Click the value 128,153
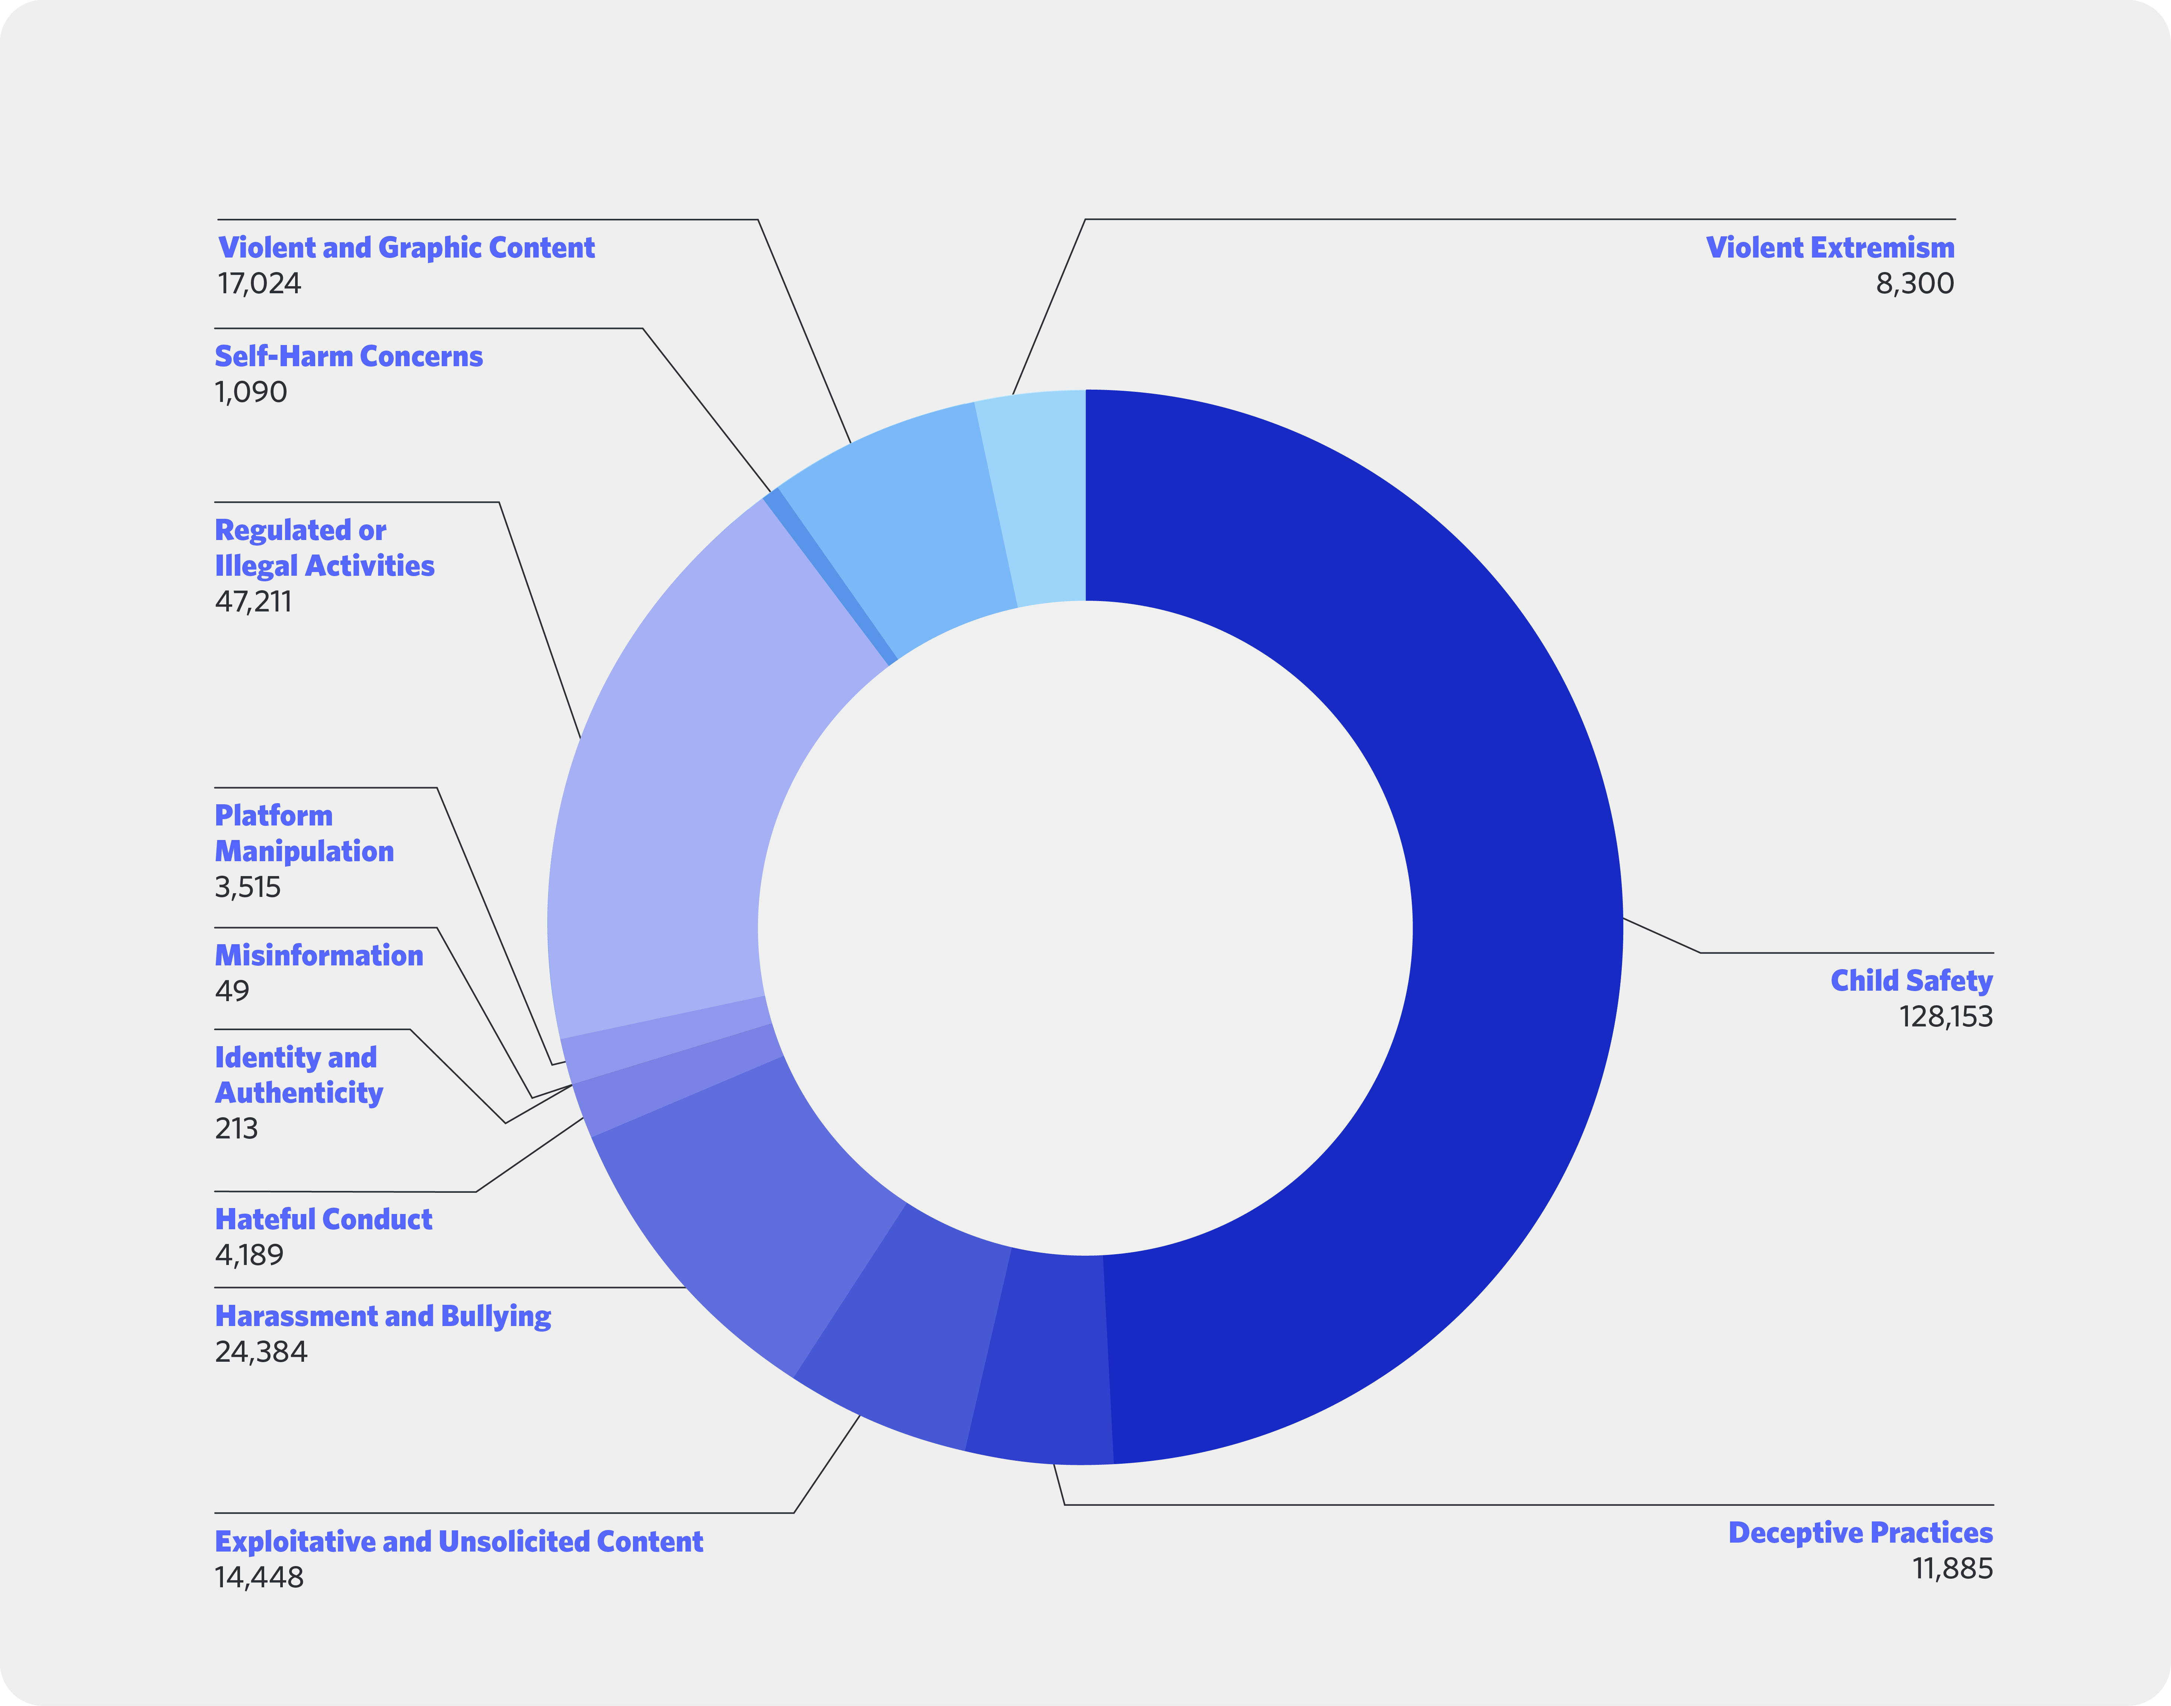tap(1945, 1017)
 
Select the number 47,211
tap(254, 601)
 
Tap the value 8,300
tap(1914, 284)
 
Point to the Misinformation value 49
tap(232, 991)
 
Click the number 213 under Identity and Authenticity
tap(237, 1129)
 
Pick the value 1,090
tap(251, 393)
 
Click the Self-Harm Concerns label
tap(349, 357)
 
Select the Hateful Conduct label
tap(323, 1220)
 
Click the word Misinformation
tap(319, 956)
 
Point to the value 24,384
tap(260, 1352)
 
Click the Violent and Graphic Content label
tap(406, 248)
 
